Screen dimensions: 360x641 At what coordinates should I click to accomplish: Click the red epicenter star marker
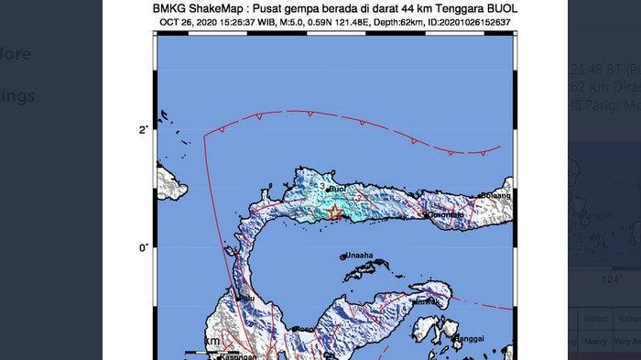334,213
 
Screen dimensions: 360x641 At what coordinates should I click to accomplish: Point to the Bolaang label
497,196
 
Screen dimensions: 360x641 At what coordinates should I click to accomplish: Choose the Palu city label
245,298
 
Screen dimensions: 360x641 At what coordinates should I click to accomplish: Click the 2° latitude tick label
143,130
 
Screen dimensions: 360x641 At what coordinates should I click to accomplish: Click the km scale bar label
212,341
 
